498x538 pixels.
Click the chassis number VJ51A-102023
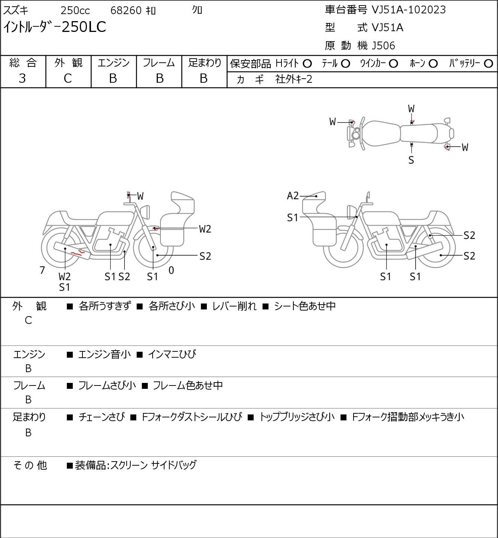pyautogui.click(x=409, y=10)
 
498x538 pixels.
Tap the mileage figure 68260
pyautogui.click(x=126, y=10)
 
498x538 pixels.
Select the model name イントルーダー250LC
pyautogui.click(x=55, y=27)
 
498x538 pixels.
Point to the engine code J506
pyautogui.click(x=383, y=46)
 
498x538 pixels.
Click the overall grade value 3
pyautogui.click(x=22, y=79)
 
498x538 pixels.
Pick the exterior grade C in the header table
pyautogui.click(x=68, y=79)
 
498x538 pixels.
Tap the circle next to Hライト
pyautogui.click(x=307, y=64)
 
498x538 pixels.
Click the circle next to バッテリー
pyautogui.click(x=488, y=64)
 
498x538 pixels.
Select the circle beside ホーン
pyautogui.click(x=433, y=64)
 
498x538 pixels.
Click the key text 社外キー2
pyautogui.click(x=294, y=79)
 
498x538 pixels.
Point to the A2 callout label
pyautogui.click(x=293, y=196)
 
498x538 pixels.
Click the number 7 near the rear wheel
pyautogui.click(x=42, y=270)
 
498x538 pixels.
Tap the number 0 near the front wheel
pyautogui.click(x=171, y=270)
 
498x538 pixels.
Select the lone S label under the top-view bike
pyautogui.click(x=411, y=160)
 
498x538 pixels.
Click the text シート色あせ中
pyautogui.click(x=305, y=306)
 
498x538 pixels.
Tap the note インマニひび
pyautogui.click(x=172, y=354)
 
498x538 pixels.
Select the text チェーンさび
pyautogui.click(x=102, y=417)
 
